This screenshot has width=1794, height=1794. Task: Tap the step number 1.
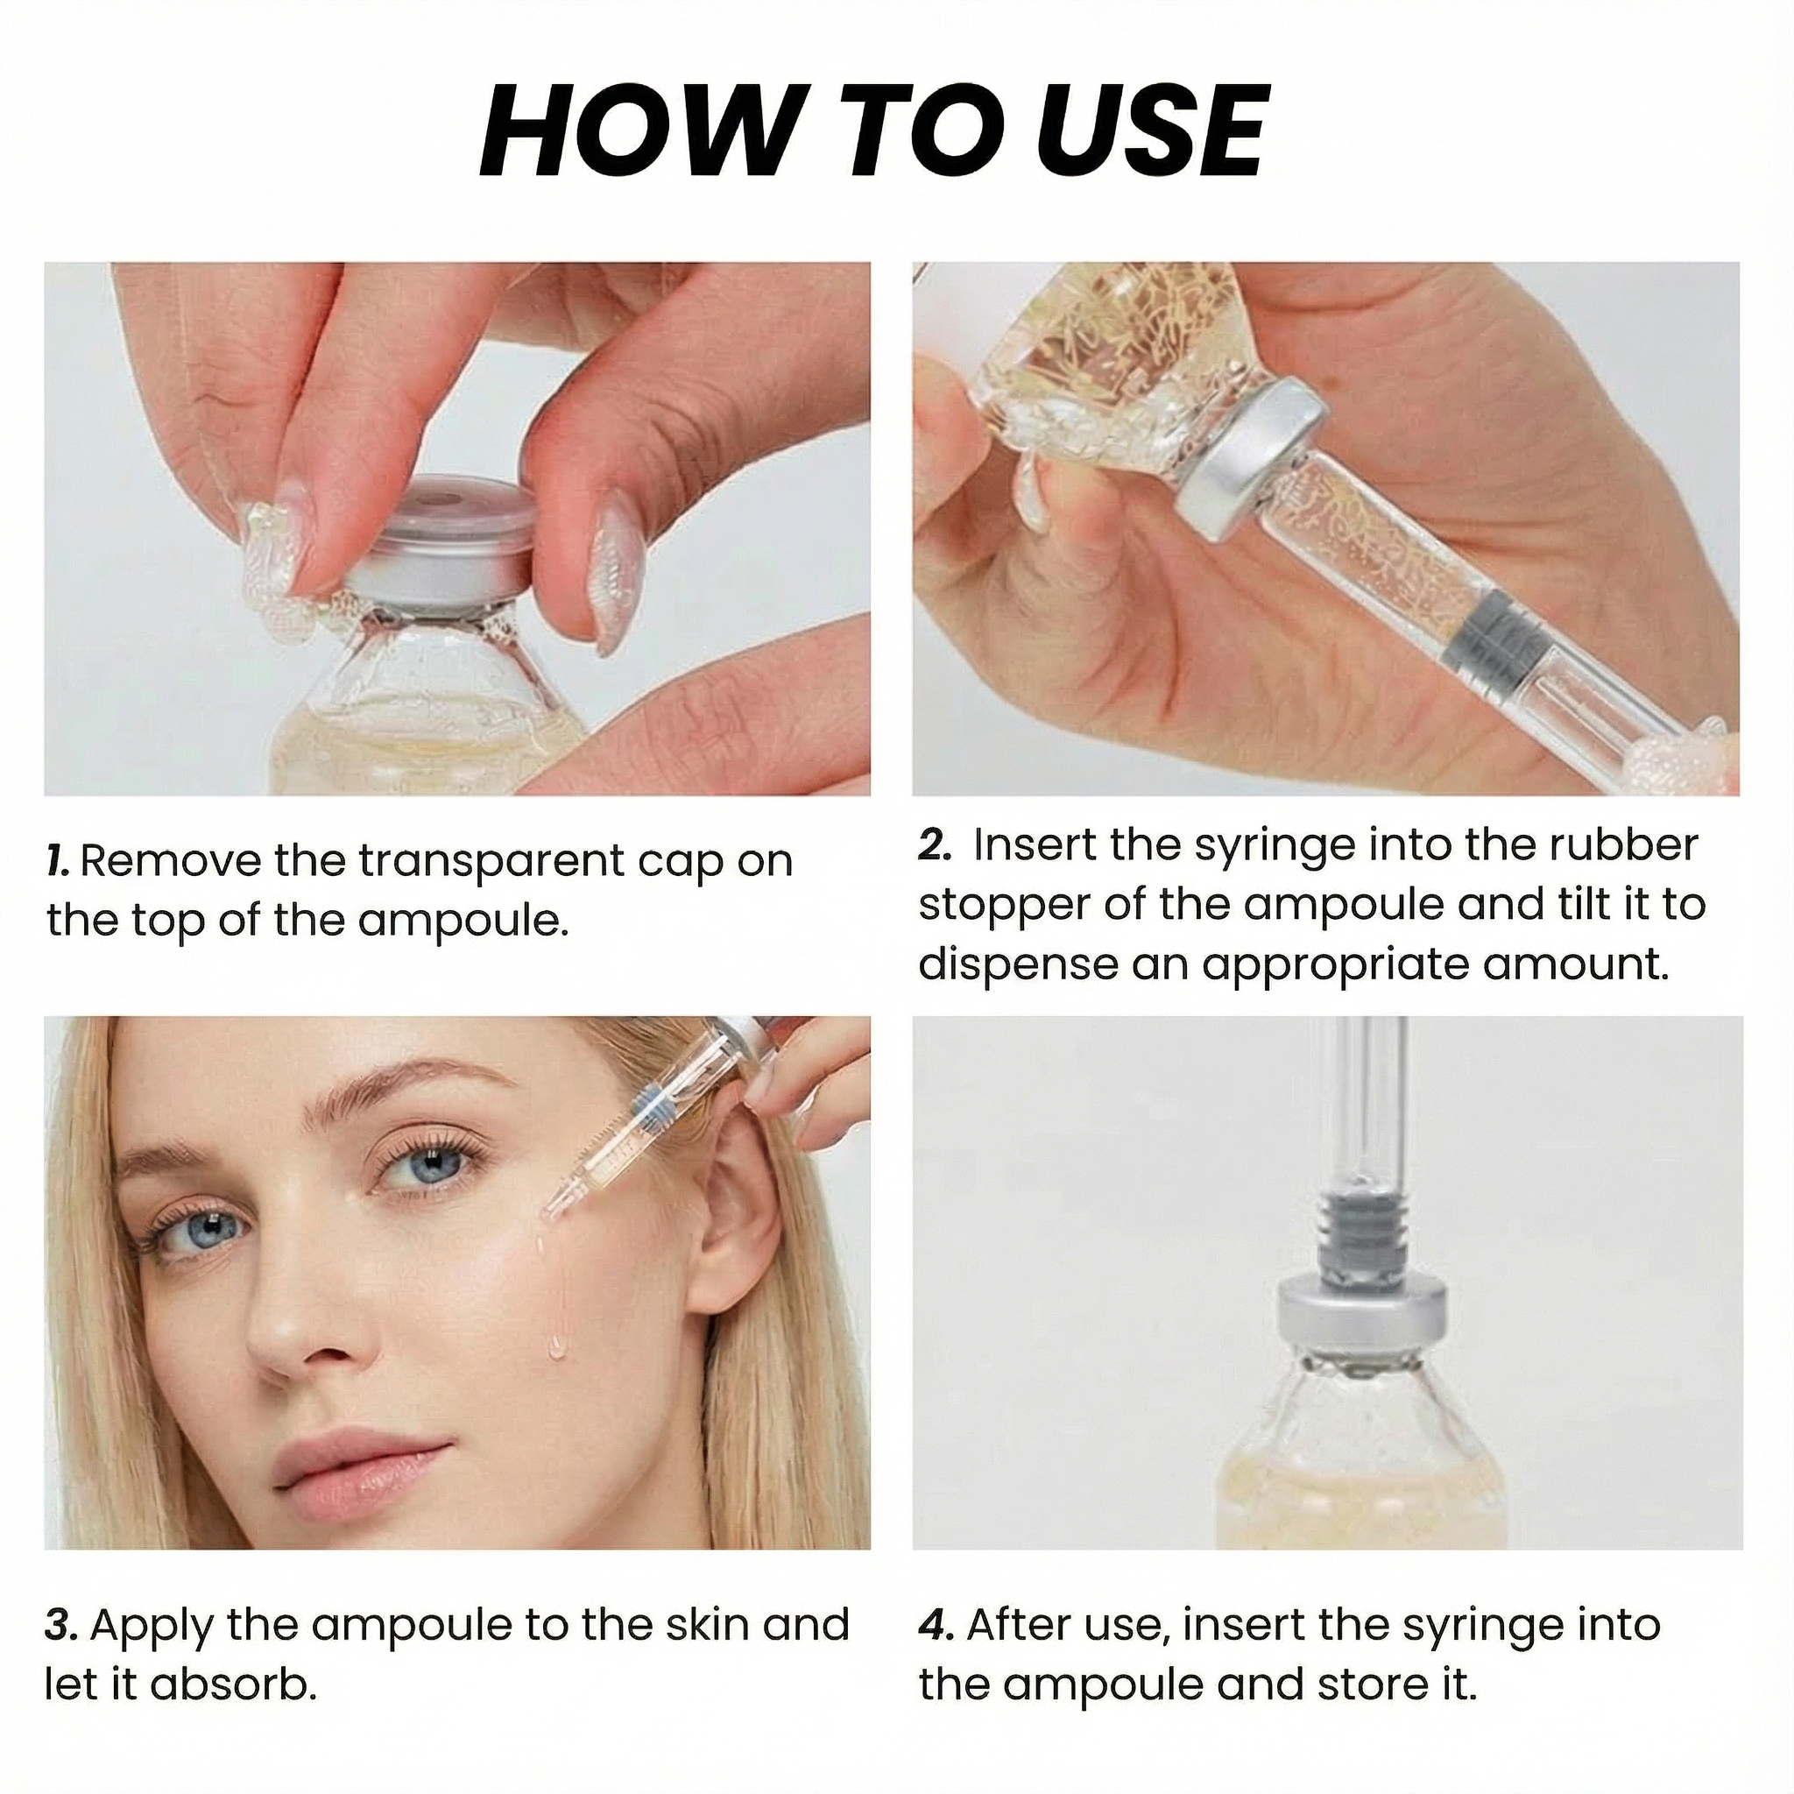pyautogui.click(x=57, y=862)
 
